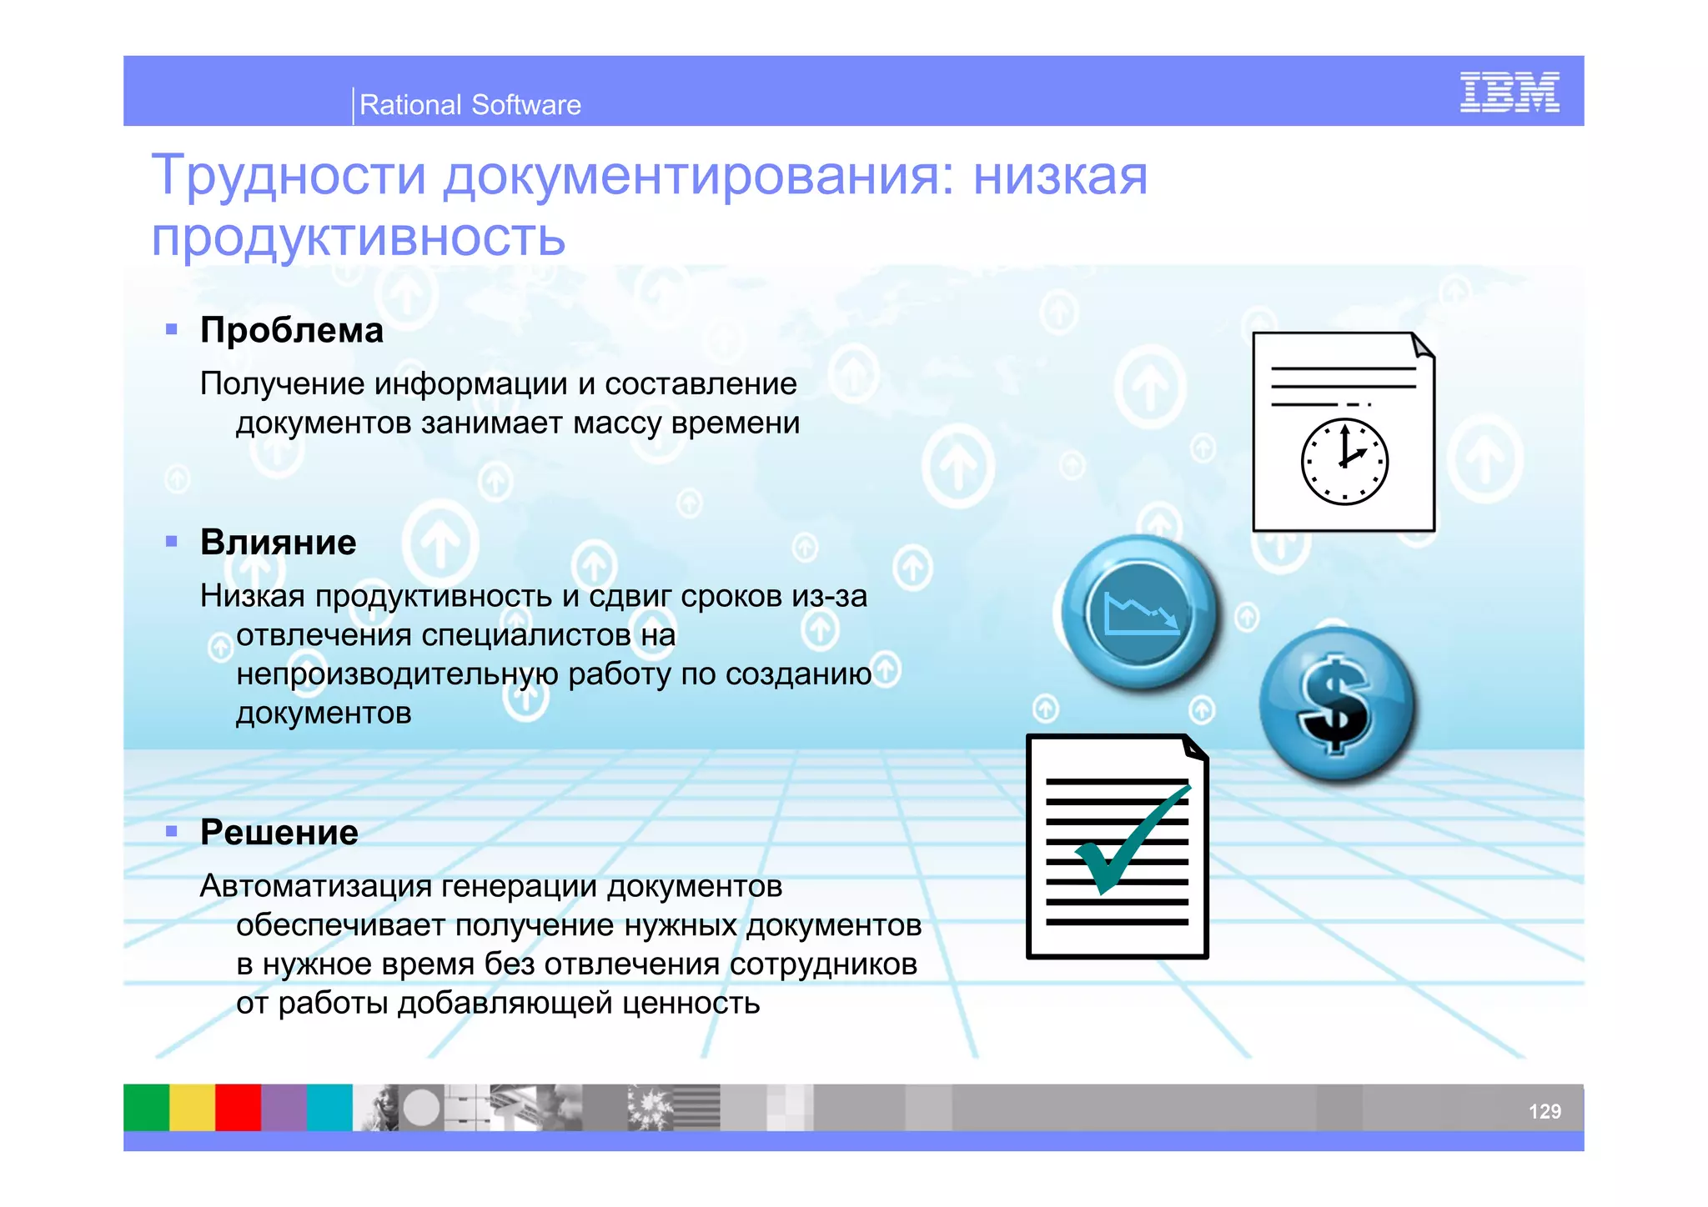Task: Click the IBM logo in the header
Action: (x=1509, y=93)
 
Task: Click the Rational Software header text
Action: (x=470, y=105)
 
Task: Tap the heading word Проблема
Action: (x=292, y=331)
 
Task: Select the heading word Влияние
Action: (x=279, y=543)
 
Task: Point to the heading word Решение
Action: (x=279, y=833)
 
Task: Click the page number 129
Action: (x=1544, y=1111)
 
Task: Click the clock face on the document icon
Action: (x=1344, y=462)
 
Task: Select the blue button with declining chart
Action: (x=1140, y=613)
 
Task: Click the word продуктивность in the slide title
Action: (x=359, y=238)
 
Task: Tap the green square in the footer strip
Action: (x=147, y=1107)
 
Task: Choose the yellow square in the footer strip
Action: (x=193, y=1107)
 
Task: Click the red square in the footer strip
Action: (x=239, y=1107)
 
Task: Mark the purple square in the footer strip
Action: (x=284, y=1107)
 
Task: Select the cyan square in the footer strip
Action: (x=330, y=1107)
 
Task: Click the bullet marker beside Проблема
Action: (x=172, y=329)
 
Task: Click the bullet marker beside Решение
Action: (x=172, y=831)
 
